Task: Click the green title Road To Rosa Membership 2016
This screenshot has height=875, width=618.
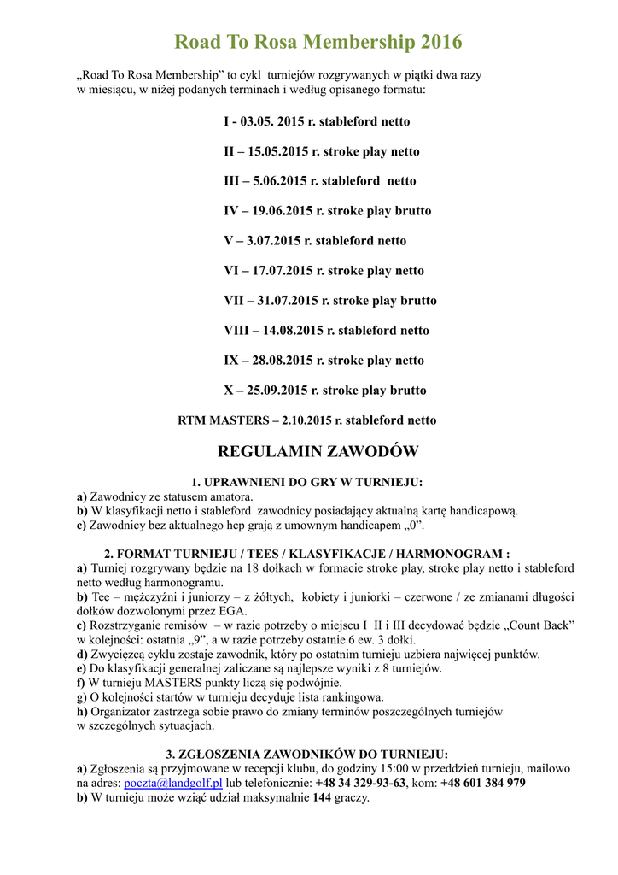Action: (318, 42)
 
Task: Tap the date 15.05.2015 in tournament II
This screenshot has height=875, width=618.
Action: (275, 151)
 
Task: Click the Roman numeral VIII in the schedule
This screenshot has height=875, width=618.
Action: (236, 331)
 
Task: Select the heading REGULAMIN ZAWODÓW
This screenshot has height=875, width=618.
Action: (318, 451)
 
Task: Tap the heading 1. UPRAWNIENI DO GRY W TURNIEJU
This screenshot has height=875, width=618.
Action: (306, 482)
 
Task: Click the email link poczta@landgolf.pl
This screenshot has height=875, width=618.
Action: (173, 783)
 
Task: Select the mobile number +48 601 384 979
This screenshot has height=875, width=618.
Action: (483, 783)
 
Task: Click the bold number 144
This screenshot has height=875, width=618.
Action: (321, 797)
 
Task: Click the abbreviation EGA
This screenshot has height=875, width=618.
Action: (233, 611)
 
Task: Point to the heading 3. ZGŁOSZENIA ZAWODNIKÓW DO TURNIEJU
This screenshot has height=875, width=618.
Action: (306, 754)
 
